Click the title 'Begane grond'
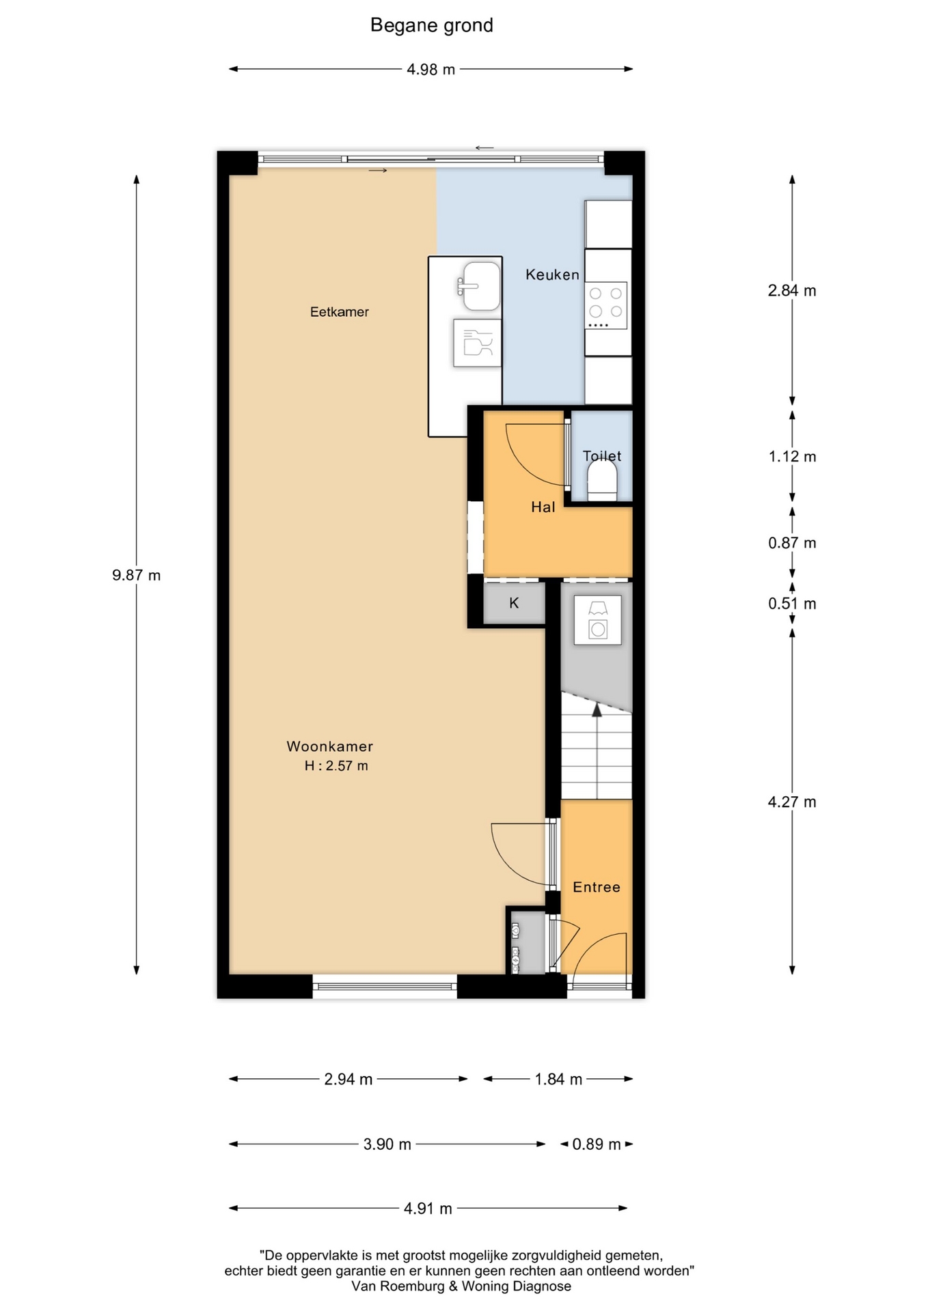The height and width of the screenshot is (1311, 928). tap(431, 26)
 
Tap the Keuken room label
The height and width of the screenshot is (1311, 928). tap(552, 274)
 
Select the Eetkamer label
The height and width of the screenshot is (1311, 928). tap(339, 312)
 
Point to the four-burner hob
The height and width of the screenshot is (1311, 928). tap(606, 306)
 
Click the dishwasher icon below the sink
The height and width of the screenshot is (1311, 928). tap(478, 343)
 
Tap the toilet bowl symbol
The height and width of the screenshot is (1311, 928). tap(602, 479)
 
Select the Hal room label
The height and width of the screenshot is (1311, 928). tap(543, 507)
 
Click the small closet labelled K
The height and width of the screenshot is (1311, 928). tap(514, 603)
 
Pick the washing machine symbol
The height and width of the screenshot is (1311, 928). tap(598, 620)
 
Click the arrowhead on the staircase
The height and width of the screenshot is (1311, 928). tap(597, 710)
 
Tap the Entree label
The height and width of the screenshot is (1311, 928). tap(597, 887)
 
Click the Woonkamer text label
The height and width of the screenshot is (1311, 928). tap(329, 746)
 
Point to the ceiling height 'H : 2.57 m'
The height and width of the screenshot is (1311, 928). tap(336, 766)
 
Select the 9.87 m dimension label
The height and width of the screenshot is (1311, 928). tap(137, 576)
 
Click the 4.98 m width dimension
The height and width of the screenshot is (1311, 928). tap(431, 70)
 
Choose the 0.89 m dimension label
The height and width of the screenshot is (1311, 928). tap(597, 1144)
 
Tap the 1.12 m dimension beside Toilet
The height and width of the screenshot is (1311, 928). tap(792, 457)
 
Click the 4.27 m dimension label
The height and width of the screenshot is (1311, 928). tap(792, 802)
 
